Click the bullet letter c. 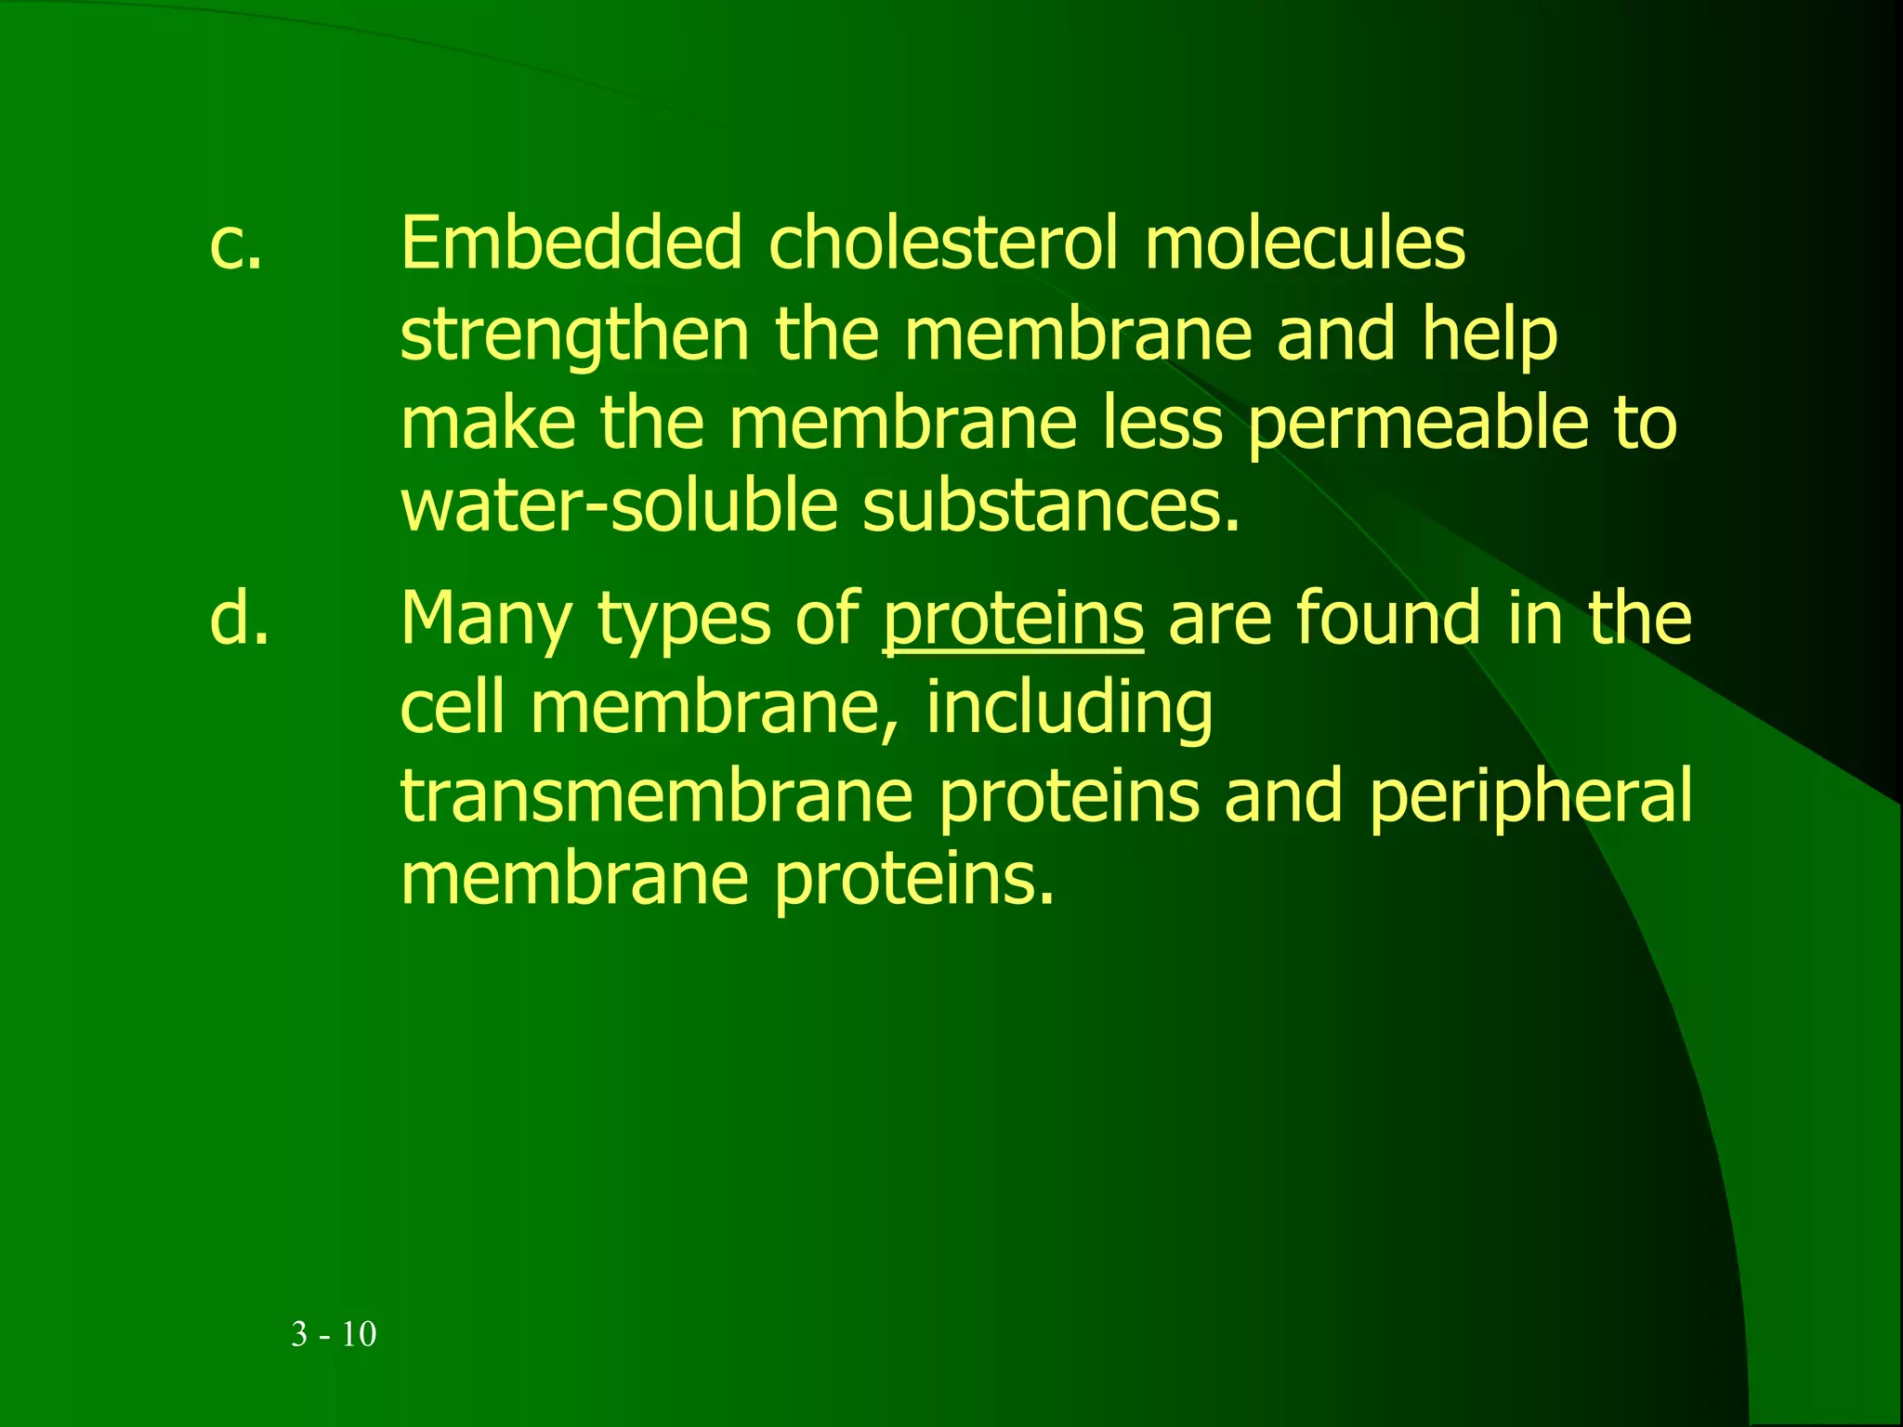tap(236, 244)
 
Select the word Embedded tap(571, 242)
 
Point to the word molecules tap(1305, 242)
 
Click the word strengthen tap(574, 336)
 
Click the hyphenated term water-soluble tap(619, 506)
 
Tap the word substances tap(1052, 506)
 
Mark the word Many tap(486, 621)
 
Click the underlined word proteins tap(1013, 621)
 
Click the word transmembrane tap(657, 797)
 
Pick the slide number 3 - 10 tap(334, 1334)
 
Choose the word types tap(684, 621)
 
